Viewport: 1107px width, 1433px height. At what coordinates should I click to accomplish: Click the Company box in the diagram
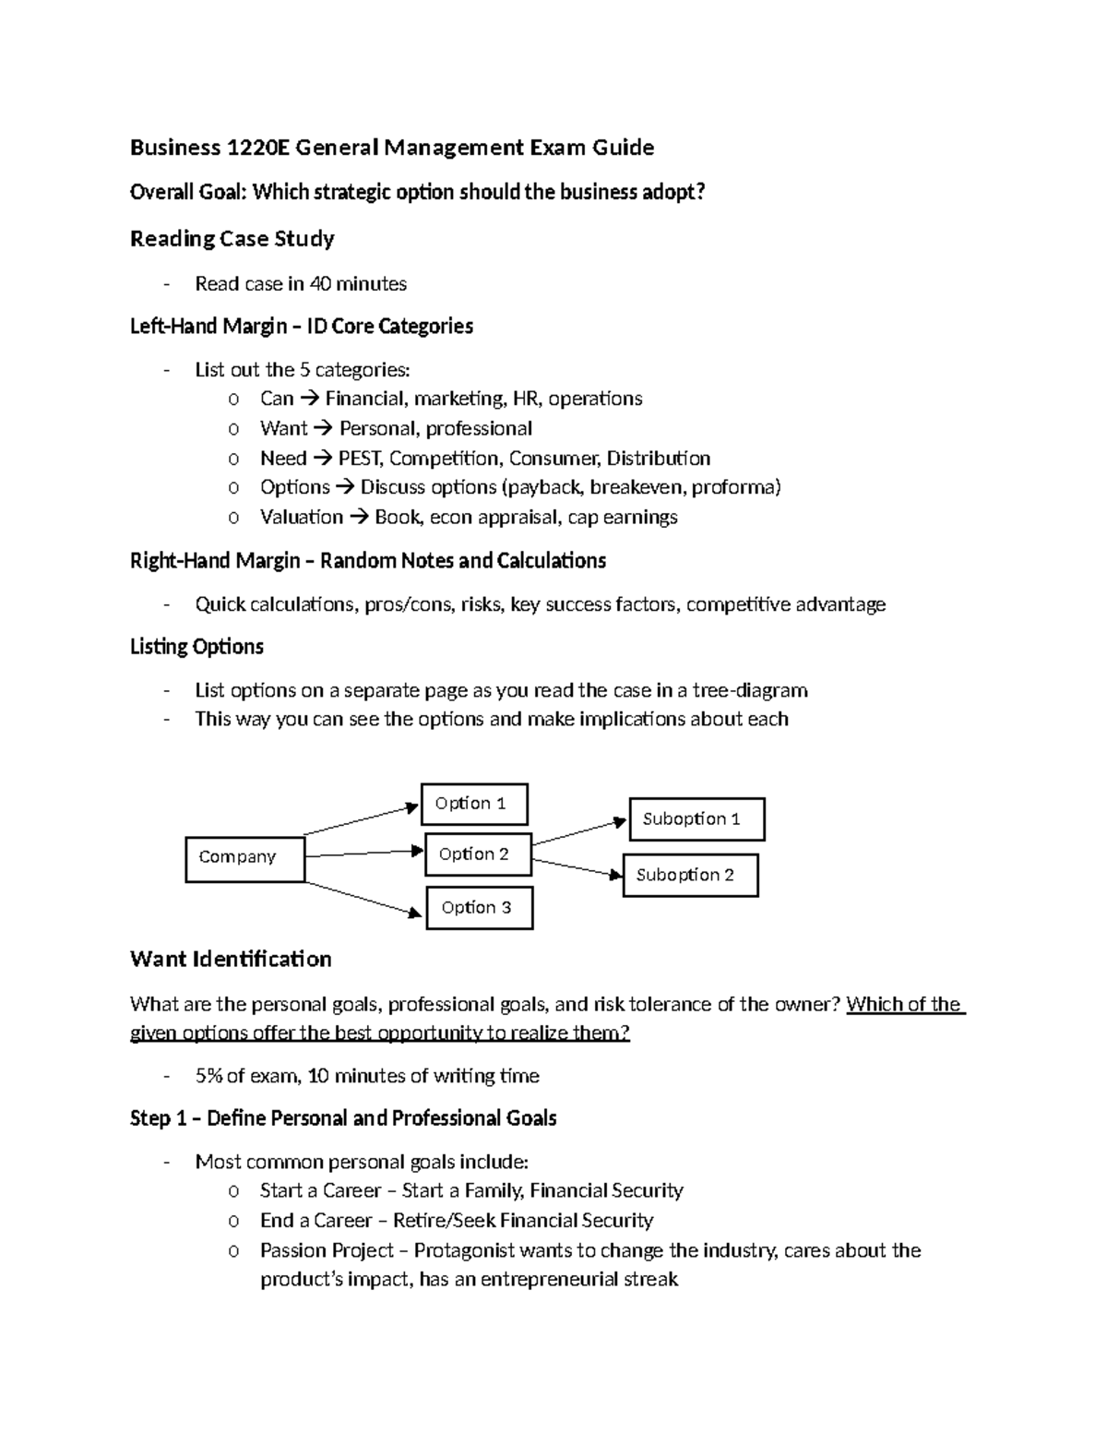click(x=244, y=858)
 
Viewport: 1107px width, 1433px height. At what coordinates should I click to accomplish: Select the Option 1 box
click(x=474, y=804)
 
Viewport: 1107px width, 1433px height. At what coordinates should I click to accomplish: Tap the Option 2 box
click(x=478, y=854)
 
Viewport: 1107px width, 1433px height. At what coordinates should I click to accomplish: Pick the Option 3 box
click(x=479, y=908)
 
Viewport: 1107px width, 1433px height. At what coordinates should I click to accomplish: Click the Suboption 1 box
click(x=696, y=819)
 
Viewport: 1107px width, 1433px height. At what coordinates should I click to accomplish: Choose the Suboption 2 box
click(x=690, y=876)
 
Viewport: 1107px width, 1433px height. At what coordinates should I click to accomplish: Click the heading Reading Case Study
click(x=232, y=239)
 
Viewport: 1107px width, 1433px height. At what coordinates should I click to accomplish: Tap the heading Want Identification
click(x=231, y=960)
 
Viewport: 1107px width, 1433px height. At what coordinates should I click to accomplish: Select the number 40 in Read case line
click(x=320, y=284)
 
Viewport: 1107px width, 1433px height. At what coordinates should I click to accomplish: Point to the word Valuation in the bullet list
click(x=302, y=518)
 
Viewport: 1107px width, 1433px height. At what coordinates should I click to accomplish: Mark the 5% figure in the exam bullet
click(x=208, y=1076)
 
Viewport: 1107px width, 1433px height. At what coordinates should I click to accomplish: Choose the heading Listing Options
click(x=196, y=647)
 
